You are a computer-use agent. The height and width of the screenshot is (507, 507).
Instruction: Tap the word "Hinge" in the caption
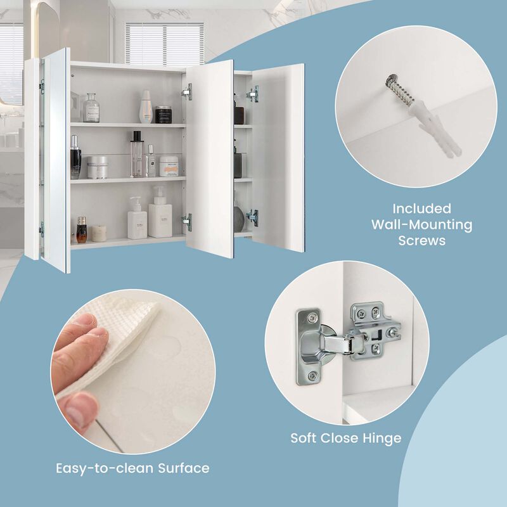pyautogui.click(x=383, y=438)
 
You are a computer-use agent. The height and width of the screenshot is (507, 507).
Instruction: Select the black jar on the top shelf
pyautogui.click(x=164, y=114)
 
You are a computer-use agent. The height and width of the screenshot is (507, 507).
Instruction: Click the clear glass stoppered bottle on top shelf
pyautogui.click(x=91, y=108)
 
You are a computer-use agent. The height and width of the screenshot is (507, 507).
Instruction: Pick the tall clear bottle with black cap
pyautogui.click(x=136, y=154)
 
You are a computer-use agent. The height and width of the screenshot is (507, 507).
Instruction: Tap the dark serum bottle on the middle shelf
pyautogui.click(x=75, y=158)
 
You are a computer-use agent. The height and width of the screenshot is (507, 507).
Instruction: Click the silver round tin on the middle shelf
pyautogui.click(x=97, y=167)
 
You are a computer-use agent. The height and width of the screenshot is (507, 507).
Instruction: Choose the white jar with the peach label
pyautogui.click(x=169, y=166)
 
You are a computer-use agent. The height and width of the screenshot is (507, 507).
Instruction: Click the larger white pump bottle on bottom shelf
pyautogui.click(x=160, y=215)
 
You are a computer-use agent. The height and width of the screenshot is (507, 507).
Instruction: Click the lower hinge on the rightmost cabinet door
pyautogui.click(x=253, y=217)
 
